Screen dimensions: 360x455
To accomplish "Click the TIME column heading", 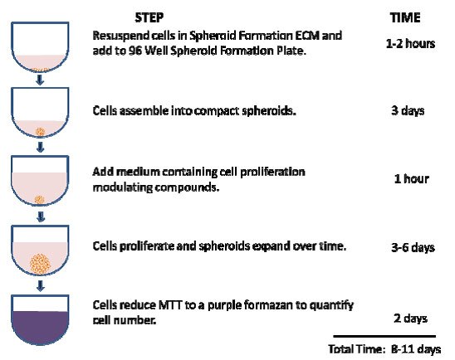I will pos(405,17).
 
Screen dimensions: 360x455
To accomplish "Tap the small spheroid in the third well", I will pos(39,197).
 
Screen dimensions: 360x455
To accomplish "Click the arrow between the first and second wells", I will pos(39,80).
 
